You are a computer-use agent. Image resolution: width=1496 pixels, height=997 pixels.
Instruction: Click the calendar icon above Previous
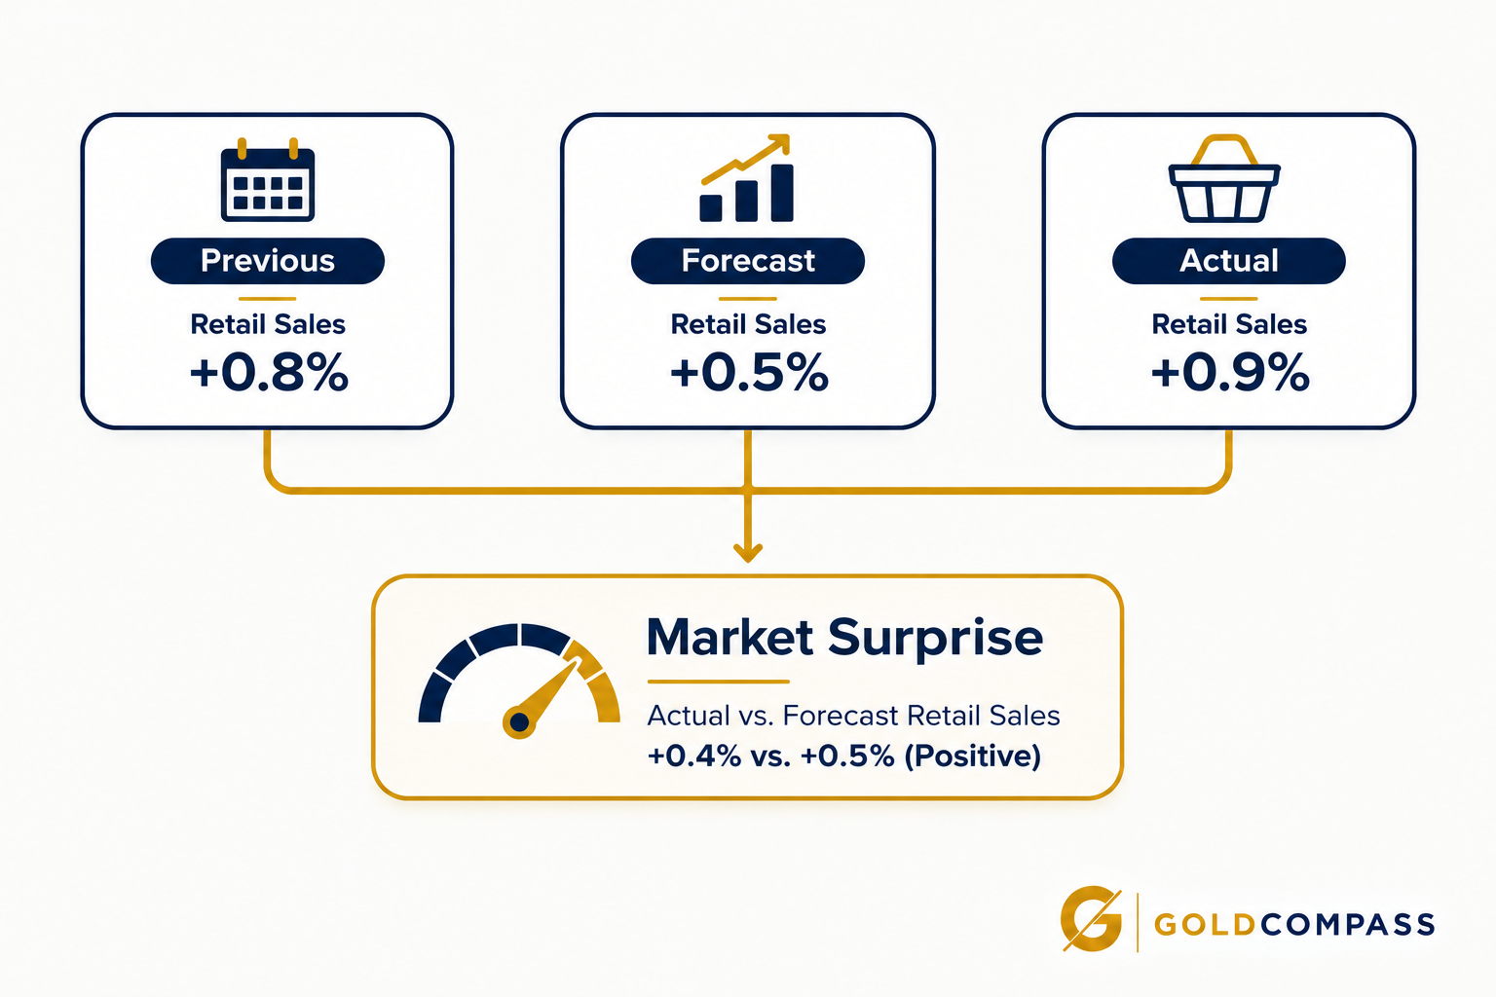point(267,179)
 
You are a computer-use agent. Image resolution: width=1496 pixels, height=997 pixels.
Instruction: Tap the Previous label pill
point(267,260)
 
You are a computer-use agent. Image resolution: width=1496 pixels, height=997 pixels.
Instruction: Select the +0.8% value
point(269,372)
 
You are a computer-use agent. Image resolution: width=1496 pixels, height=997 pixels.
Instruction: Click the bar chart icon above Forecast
point(747,177)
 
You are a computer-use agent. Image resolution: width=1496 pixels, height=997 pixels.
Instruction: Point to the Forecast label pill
point(748,260)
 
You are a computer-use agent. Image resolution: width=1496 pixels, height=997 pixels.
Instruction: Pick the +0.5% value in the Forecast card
point(749,372)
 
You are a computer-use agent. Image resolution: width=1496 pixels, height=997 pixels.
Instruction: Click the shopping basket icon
point(1224,178)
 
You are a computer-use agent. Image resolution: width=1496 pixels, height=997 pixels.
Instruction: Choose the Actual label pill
point(1229,260)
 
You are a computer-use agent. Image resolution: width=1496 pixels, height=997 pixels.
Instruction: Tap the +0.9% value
point(1230,372)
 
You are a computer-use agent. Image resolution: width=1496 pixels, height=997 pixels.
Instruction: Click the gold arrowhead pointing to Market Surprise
point(748,553)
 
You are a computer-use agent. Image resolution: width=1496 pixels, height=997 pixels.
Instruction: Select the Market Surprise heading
point(844,638)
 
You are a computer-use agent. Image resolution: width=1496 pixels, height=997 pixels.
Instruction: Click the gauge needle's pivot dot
point(519,721)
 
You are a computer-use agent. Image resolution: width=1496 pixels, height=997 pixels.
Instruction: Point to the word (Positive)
point(972,756)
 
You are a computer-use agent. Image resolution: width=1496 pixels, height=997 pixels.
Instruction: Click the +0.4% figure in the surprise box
point(694,756)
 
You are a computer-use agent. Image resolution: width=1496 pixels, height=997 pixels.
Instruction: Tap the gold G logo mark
point(1091,919)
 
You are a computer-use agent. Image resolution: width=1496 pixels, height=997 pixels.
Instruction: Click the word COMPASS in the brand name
point(1348,925)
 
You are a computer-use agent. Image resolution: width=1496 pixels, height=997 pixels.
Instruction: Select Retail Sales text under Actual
point(1229,324)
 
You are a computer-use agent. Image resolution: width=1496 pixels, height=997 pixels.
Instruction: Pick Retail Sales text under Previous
point(268,324)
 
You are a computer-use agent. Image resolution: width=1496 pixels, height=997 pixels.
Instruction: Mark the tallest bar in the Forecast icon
point(782,193)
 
